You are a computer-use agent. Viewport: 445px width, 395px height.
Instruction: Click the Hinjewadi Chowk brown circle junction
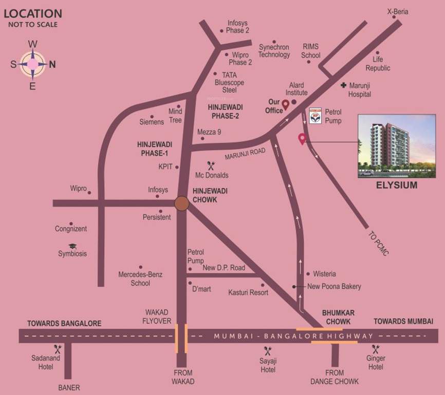point(181,203)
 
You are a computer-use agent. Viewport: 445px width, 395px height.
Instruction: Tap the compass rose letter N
point(52,65)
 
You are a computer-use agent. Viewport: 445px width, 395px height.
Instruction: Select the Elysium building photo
point(396,146)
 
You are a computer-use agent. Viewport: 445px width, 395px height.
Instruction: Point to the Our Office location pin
point(285,105)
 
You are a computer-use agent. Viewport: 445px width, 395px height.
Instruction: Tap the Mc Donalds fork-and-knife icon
point(210,165)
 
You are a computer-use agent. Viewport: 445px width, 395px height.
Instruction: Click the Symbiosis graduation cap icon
point(72,246)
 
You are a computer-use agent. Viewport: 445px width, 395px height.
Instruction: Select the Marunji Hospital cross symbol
point(343,85)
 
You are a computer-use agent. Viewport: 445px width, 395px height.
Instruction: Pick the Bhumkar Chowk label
point(338,317)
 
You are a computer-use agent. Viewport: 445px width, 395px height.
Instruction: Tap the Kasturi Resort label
point(248,292)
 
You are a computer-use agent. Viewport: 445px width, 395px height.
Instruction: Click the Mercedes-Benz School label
point(140,279)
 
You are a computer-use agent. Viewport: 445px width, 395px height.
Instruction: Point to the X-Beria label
point(397,11)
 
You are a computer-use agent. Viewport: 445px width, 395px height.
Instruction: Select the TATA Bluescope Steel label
point(229,82)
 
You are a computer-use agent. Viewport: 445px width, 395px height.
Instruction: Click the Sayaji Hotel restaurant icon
point(267,351)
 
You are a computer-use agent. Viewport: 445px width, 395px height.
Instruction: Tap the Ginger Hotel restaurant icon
point(376,348)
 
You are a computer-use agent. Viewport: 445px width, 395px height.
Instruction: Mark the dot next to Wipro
point(89,193)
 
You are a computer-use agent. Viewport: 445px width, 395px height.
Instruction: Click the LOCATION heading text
point(33,13)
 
